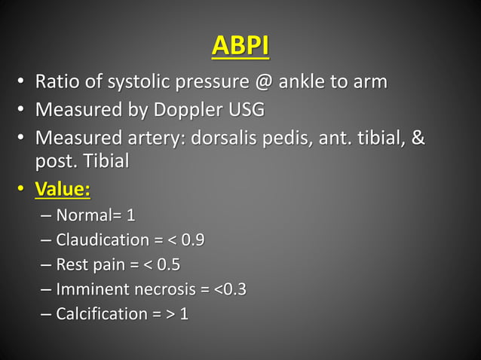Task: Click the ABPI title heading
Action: click(240, 46)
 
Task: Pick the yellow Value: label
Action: click(63, 188)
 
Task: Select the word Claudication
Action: click(103, 240)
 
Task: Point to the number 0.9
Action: click(192, 240)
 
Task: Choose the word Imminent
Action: click(92, 289)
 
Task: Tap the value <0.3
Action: click(231, 289)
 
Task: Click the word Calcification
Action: click(100, 313)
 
